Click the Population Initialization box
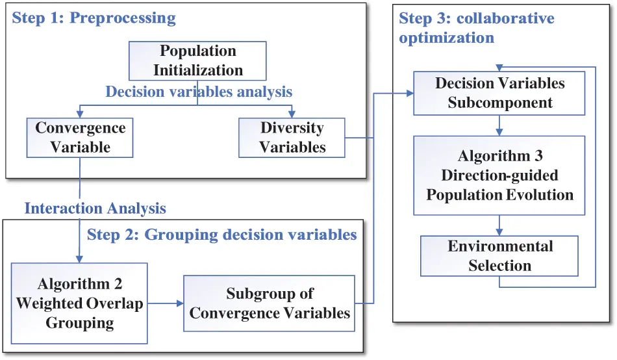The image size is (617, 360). tap(198, 61)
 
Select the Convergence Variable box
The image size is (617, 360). tap(81, 137)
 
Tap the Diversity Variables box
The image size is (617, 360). tap(292, 137)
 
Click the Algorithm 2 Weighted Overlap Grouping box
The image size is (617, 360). tap(79, 303)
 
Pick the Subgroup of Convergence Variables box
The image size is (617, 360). tap(270, 303)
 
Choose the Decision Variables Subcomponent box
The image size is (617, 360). tap(499, 93)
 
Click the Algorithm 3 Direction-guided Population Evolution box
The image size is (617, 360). tap(499, 175)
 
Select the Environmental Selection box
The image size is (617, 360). tap(499, 256)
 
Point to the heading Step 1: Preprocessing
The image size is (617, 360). tap(94, 18)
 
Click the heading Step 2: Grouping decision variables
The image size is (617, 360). tap(222, 235)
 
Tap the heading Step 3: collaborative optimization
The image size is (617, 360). tap(476, 27)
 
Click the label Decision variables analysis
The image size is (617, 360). tap(199, 92)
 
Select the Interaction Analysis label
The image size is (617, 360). tap(95, 209)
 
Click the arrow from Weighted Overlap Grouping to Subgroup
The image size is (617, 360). tap(166, 303)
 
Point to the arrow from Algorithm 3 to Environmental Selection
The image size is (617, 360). tap(499, 225)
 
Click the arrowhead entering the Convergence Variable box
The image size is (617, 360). tap(80, 114)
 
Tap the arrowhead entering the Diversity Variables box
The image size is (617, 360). tap(292, 114)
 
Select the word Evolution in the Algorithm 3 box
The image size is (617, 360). tap(541, 194)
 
